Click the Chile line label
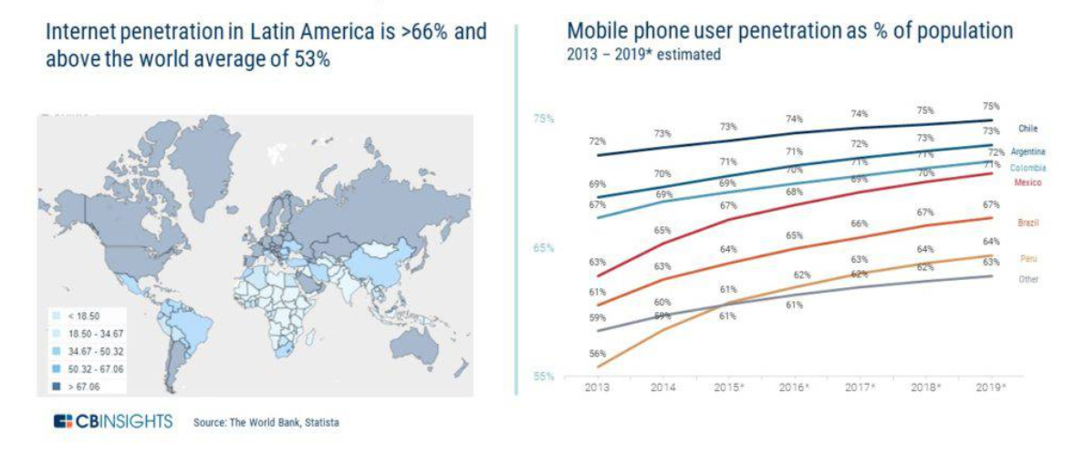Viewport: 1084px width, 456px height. point(1027,129)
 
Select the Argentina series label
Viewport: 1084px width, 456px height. point(1027,151)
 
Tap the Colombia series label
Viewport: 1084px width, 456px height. point(1027,168)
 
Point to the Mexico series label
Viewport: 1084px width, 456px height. point(1027,182)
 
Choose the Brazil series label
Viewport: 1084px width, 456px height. point(1028,223)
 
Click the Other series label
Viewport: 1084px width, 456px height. point(1028,279)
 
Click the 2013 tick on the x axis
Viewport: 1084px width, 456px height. point(599,388)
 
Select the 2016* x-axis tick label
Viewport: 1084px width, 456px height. point(794,388)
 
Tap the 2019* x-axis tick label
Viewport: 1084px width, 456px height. point(991,388)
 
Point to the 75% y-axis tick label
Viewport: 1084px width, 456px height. point(544,119)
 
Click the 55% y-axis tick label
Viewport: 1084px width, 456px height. point(544,376)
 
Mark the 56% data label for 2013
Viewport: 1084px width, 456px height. point(598,353)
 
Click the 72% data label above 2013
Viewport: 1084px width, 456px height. point(598,141)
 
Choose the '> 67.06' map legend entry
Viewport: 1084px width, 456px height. point(84,388)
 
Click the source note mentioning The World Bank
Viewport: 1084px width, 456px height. point(265,422)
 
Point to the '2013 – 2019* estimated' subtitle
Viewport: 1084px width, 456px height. point(643,55)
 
